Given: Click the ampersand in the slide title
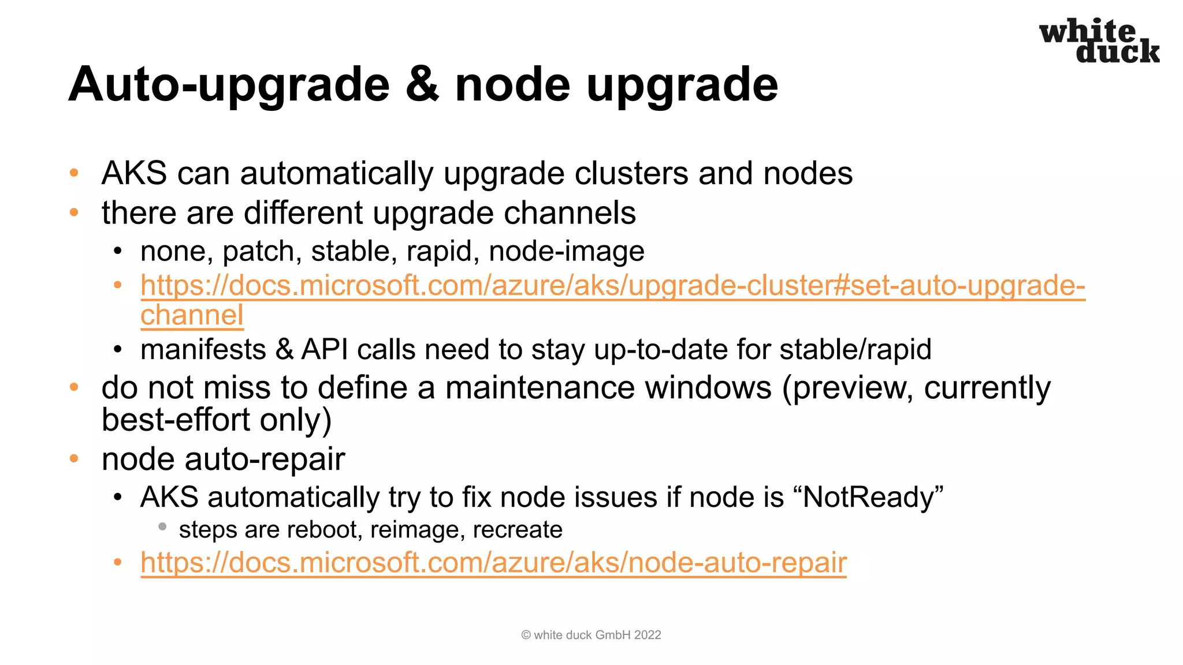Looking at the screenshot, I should [422, 84].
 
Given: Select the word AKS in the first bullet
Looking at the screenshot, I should [134, 173].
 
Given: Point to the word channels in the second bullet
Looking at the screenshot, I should [570, 212].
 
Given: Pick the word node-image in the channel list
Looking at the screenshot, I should [566, 252].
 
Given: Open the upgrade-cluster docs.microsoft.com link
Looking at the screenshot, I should [612, 286].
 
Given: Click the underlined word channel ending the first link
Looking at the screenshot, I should [192, 316].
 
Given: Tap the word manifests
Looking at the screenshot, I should [203, 350].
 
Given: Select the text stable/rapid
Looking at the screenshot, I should [855, 350].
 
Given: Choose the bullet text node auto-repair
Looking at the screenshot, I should [223, 459].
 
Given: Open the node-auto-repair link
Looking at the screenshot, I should [493, 563].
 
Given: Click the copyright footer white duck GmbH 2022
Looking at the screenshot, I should [591, 635].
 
